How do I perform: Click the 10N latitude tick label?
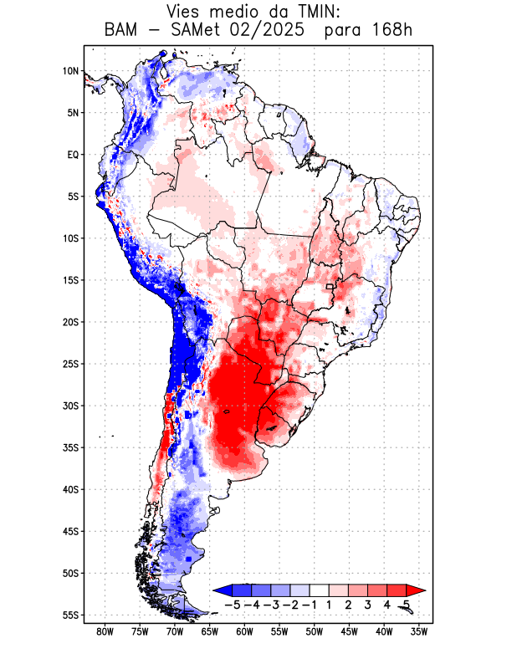click(70, 71)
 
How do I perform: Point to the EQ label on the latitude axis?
click(72, 155)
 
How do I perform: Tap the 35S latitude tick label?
click(70, 447)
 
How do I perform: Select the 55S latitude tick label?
click(70, 615)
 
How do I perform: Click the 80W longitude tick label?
click(105, 631)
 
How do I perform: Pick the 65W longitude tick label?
click(210, 631)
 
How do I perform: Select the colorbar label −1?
click(309, 604)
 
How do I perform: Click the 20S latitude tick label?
click(70, 322)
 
